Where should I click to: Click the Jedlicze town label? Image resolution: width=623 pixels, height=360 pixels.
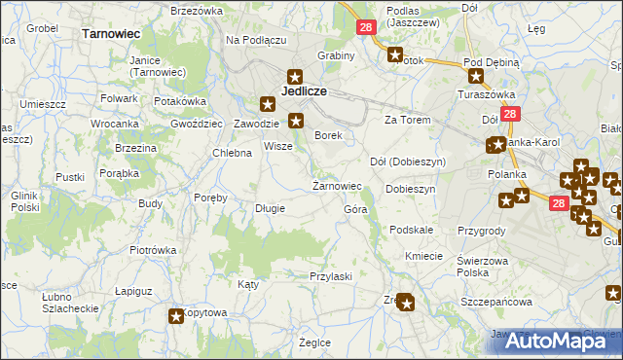point(303,91)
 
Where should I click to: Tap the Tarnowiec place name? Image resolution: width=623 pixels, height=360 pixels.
point(113,33)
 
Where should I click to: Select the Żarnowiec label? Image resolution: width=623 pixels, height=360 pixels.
point(337,186)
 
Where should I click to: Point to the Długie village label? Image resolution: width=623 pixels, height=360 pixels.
point(270,208)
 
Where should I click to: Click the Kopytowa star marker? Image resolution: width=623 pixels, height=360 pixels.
point(176,316)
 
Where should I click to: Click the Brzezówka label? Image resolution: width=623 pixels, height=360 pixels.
point(197,11)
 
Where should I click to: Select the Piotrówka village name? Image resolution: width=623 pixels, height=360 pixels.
point(153,250)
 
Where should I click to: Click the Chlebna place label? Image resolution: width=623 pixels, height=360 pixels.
point(233,153)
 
